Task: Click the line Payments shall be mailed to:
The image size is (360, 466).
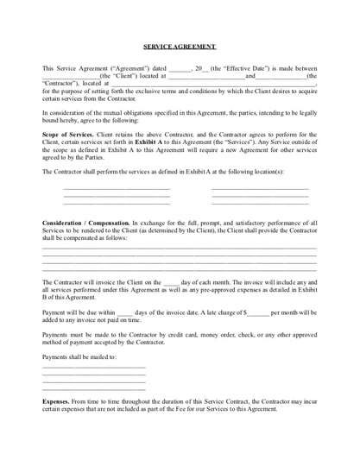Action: (79, 356)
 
